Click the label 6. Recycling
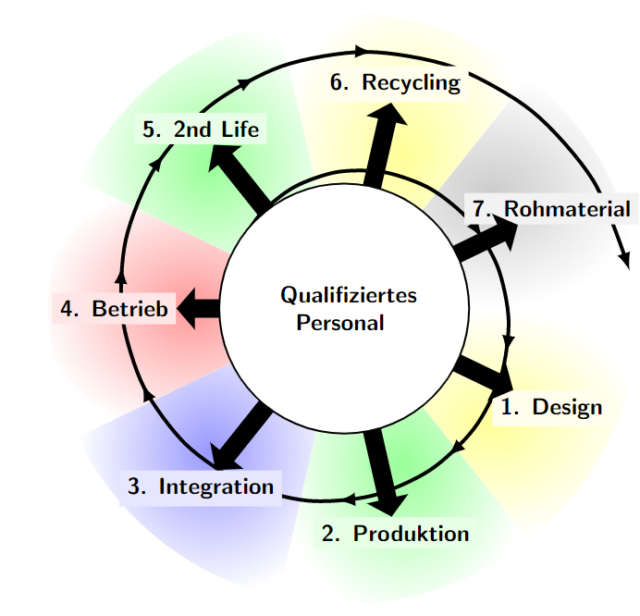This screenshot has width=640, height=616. (x=395, y=82)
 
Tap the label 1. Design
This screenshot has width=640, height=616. (x=551, y=407)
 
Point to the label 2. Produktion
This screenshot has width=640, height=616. (x=396, y=534)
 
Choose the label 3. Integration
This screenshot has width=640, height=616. (x=201, y=487)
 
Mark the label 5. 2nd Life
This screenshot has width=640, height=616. (x=201, y=129)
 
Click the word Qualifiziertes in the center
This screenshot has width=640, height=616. (x=349, y=296)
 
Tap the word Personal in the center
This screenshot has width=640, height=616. (x=339, y=324)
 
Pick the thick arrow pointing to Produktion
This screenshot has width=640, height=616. (x=381, y=470)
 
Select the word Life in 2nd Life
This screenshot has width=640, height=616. (x=240, y=129)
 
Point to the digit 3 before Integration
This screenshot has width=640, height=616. (x=134, y=487)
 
